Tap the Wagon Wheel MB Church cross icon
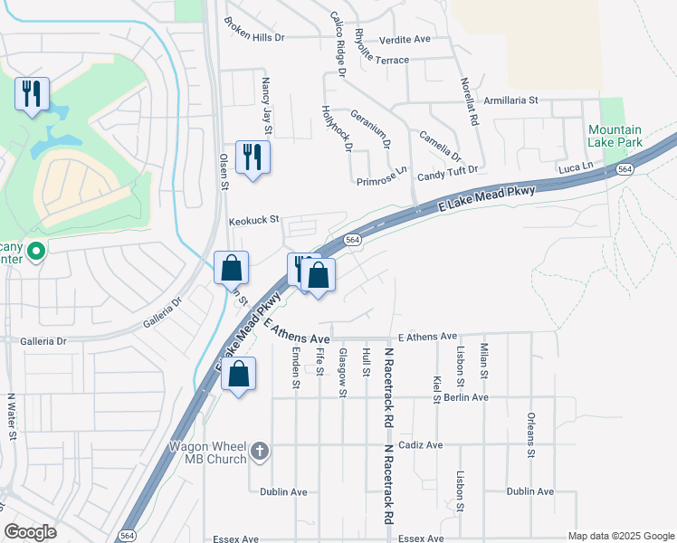coord(260,451)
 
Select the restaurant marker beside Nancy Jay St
coord(253,157)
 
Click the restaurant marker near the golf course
coord(32,93)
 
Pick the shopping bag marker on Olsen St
coord(231,268)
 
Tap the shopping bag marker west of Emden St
coord(238,375)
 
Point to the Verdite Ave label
coord(405,40)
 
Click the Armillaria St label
coord(510,100)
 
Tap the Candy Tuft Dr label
coord(447,170)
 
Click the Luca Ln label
coord(575,167)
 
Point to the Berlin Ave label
coord(467,397)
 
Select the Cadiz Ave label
coord(421,445)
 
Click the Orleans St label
coord(530,436)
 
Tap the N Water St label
coord(13,415)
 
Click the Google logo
coord(30,533)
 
